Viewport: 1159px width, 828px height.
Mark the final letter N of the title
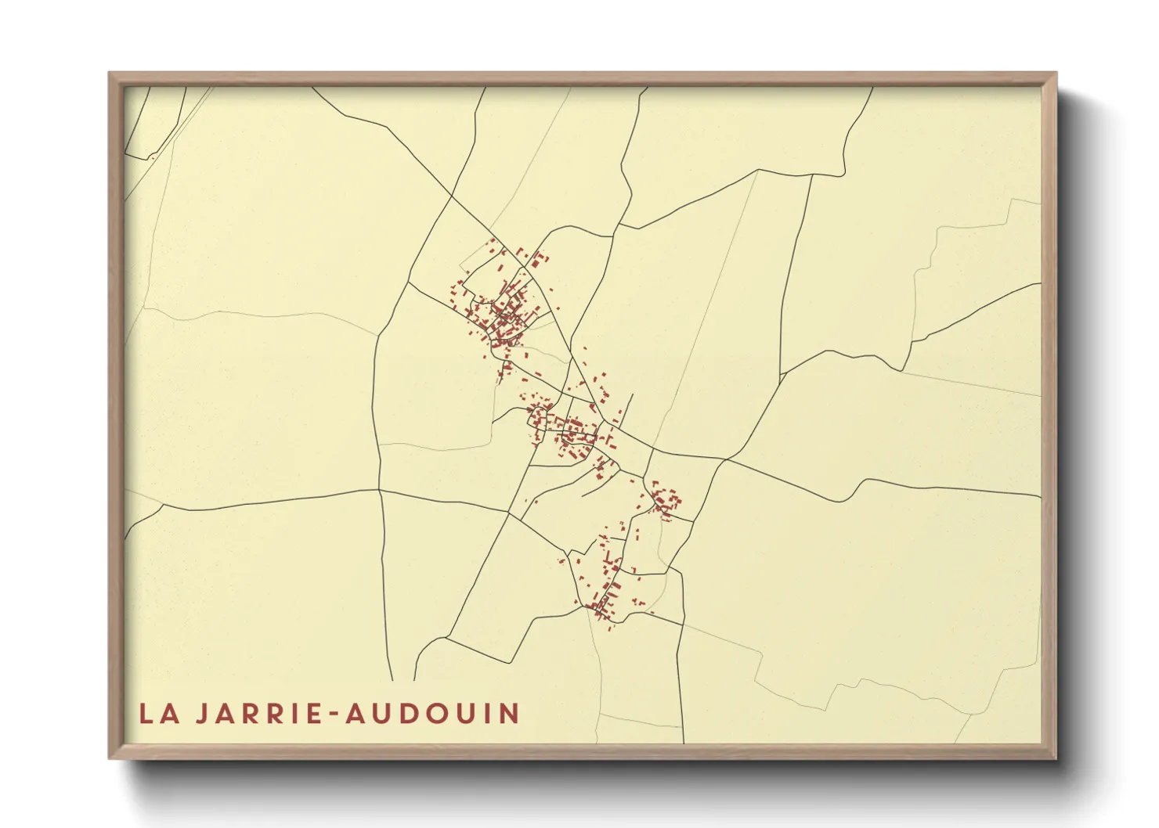point(510,714)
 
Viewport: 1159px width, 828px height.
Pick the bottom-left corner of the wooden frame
point(110,757)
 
